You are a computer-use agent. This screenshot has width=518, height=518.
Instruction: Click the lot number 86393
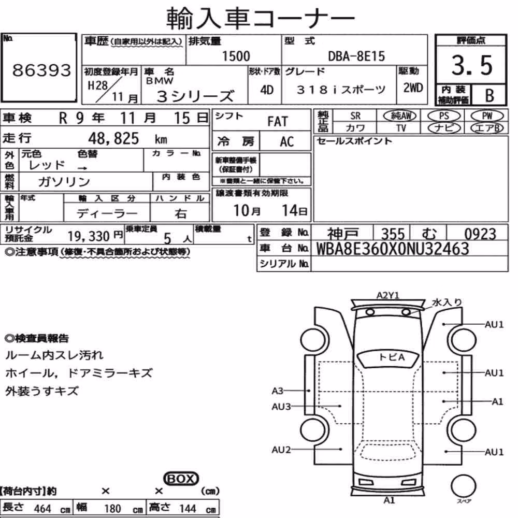coord(41,70)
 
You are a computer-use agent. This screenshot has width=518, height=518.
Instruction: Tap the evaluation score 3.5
coord(472,65)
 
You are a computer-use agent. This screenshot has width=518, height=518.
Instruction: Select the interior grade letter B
coord(490,95)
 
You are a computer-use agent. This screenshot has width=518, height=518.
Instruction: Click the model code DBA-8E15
coord(356,56)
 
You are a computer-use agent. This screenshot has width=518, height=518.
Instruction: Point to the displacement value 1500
coord(236,56)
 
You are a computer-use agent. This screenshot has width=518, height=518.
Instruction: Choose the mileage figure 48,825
coord(113,138)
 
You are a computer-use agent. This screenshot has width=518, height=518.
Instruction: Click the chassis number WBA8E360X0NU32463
coord(393,249)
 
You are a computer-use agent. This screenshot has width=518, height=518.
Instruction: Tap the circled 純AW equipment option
coord(399,116)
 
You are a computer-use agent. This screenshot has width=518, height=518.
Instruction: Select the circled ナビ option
coord(444,128)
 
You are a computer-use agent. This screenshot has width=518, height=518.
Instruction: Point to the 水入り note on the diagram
coord(447,303)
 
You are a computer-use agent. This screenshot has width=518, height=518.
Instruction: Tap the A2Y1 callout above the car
coord(388,295)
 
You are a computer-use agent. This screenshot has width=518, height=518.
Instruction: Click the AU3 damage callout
coord(281,406)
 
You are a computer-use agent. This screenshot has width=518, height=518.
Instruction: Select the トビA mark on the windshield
coord(392,357)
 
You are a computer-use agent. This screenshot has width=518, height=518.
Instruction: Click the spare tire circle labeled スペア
coord(463,486)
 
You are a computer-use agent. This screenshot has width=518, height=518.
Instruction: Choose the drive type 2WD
coord(413,88)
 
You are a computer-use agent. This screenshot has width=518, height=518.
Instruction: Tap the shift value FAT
coord(278,121)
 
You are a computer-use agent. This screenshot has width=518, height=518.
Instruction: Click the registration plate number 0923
coord(480,234)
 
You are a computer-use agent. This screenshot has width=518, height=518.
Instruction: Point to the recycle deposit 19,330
coord(89,236)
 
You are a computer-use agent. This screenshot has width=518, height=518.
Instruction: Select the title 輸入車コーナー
coord(261,18)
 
